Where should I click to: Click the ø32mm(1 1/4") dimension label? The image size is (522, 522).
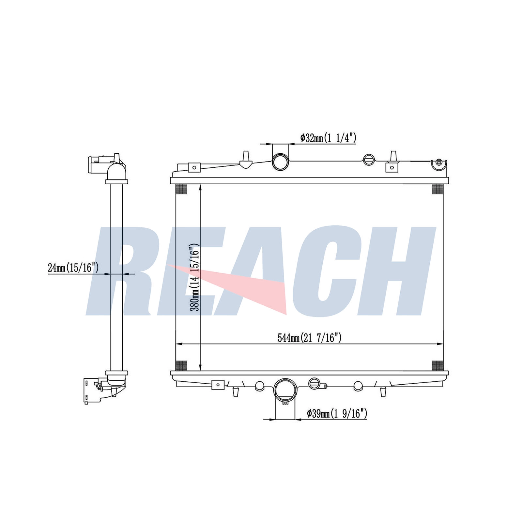click(328, 138)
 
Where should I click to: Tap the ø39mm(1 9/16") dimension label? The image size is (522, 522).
click(337, 414)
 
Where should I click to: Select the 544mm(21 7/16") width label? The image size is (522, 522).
click(310, 338)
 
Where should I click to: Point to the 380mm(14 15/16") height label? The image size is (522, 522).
click(195, 277)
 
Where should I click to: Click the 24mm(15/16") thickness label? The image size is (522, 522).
click(73, 268)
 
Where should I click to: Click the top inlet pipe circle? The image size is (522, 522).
click(281, 162)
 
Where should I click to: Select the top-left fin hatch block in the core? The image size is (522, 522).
click(181, 189)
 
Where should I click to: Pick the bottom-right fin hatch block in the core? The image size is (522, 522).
click(438, 365)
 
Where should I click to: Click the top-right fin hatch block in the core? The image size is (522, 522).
click(438, 189)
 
